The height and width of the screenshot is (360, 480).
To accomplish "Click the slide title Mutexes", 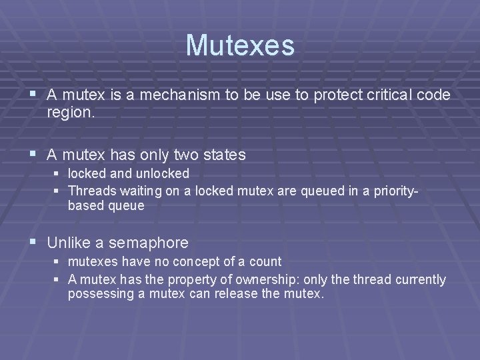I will point(240,45).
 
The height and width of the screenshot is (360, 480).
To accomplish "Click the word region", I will point(71,113).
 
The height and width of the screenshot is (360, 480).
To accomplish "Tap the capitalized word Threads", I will point(92,191).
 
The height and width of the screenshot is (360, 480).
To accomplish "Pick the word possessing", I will point(98,294).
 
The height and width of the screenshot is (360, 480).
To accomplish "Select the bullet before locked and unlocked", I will point(58,174).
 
